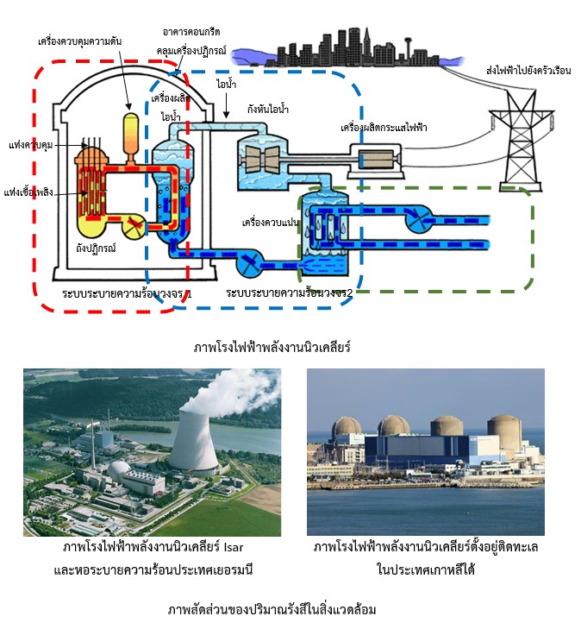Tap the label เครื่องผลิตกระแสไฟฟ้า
point(384,127)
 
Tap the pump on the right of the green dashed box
point(419,217)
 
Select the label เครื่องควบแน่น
point(268,222)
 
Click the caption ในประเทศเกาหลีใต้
point(426,570)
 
